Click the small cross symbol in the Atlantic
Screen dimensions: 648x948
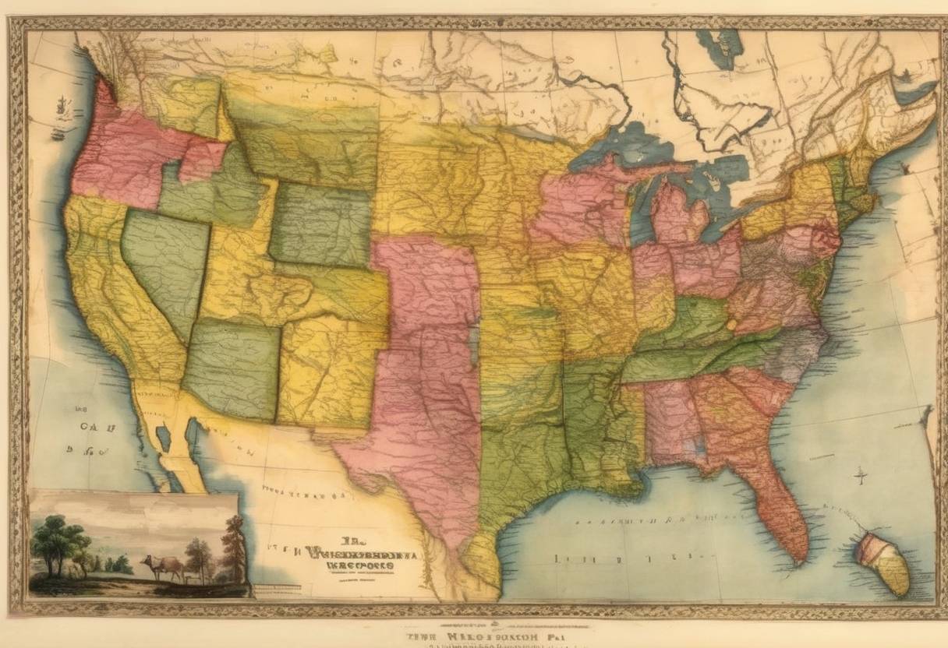861,474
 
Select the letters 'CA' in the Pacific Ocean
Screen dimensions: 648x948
92,426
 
